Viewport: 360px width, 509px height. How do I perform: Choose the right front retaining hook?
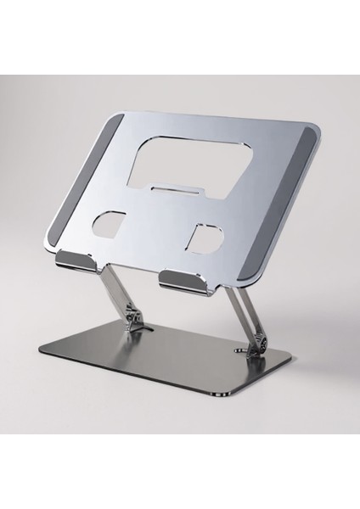point(184,282)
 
